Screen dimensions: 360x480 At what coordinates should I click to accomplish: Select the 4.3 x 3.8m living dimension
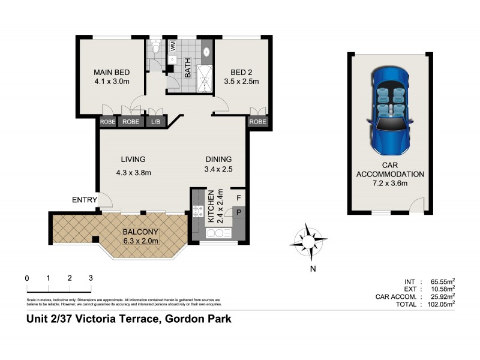click(x=133, y=173)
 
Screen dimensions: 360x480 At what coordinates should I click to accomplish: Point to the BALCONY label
click(x=140, y=232)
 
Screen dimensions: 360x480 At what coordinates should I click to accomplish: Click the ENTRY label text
click(x=84, y=200)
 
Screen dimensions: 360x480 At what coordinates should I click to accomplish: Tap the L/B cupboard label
click(x=156, y=121)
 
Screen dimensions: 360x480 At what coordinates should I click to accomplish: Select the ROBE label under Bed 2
click(x=257, y=121)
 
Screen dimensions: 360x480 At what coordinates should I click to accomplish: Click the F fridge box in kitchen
click(x=238, y=197)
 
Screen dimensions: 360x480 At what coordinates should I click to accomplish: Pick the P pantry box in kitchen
click(x=238, y=212)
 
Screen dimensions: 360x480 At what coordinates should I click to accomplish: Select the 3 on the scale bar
click(x=91, y=278)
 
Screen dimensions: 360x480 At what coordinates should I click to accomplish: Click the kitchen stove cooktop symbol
click(x=198, y=210)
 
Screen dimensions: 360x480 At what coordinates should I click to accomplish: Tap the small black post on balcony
click(x=95, y=240)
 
